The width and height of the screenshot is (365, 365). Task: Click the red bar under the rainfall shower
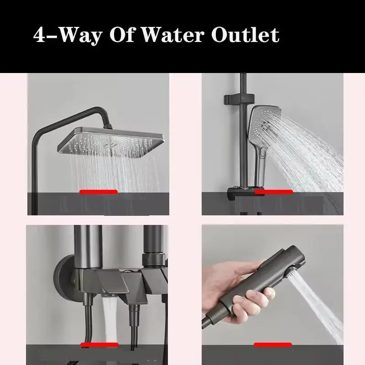[x=98, y=192]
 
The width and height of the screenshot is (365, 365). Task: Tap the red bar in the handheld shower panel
[x=273, y=193]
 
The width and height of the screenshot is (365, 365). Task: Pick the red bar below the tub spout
[x=98, y=345]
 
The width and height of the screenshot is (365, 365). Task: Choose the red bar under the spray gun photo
[x=273, y=345]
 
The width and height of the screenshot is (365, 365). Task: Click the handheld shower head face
[x=264, y=123]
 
